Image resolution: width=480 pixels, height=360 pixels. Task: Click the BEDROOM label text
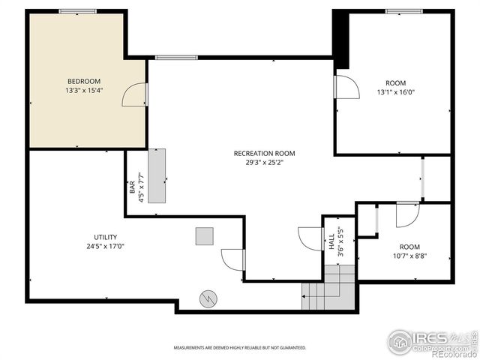[83, 81]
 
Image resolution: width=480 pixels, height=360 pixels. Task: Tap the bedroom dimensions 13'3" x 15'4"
[83, 90]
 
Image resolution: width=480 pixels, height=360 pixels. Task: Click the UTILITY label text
[105, 237]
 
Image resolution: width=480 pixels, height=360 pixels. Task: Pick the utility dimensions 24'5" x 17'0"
[105, 246]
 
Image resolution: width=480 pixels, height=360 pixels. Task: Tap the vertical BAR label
[133, 190]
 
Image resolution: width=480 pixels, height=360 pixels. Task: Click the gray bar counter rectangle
[157, 175]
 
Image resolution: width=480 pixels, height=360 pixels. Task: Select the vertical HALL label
[331, 241]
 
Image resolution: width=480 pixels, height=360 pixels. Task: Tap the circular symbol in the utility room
[207, 299]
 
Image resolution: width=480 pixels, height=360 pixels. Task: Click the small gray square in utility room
[205, 236]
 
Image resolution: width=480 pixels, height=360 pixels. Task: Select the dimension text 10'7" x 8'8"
[409, 256]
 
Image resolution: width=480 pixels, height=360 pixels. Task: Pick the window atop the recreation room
[176, 58]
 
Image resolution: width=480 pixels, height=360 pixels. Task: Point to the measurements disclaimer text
[240, 348]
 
